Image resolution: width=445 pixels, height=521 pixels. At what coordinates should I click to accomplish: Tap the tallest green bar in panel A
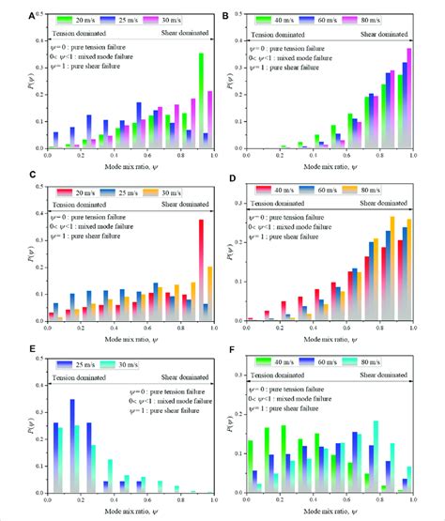coord(200,100)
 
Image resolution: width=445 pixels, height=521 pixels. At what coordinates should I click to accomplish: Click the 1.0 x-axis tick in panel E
coord(214,499)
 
